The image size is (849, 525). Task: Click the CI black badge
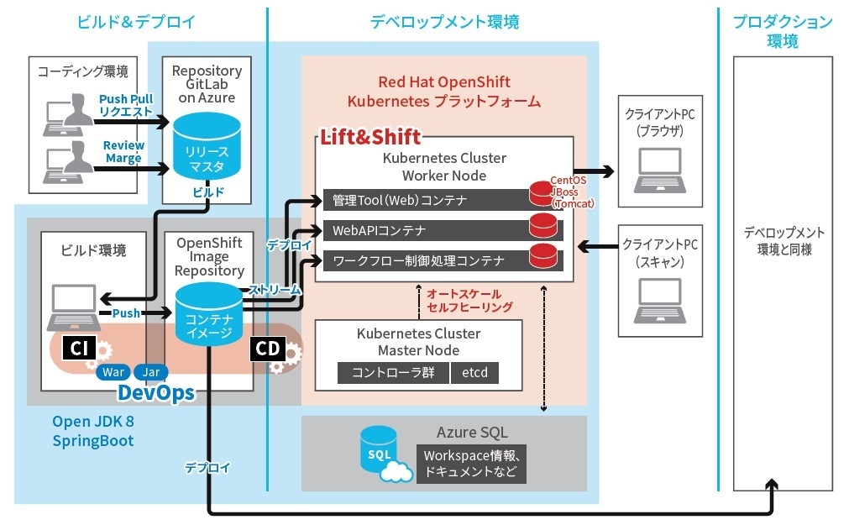(x=78, y=348)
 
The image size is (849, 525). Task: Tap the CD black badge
(x=268, y=349)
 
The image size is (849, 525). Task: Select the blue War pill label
(x=113, y=371)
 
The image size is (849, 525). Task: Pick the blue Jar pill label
(x=151, y=371)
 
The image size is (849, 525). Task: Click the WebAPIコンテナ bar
(x=424, y=230)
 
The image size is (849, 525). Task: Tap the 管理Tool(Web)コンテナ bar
(x=424, y=200)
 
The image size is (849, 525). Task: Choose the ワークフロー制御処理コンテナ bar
(x=424, y=260)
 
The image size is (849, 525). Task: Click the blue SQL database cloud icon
(x=378, y=454)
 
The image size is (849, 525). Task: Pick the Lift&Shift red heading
(x=369, y=136)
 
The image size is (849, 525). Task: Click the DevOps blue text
(x=156, y=392)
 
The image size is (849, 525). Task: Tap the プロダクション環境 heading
(x=783, y=31)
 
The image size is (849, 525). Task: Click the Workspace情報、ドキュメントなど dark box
(x=471, y=463)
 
